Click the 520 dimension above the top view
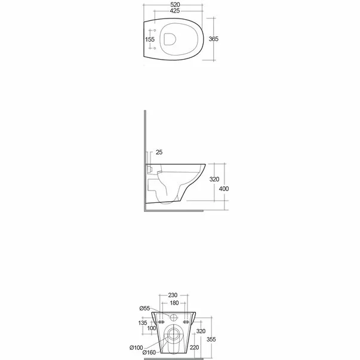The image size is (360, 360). [x=174, y=4]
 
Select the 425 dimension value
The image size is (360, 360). [x=174, y=11]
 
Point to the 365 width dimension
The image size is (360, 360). [x=213, y=39]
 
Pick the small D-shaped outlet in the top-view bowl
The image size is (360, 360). [x=170, y=39]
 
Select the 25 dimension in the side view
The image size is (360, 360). [x=158, y=152]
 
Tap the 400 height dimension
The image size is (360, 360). [x=223, y=189]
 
